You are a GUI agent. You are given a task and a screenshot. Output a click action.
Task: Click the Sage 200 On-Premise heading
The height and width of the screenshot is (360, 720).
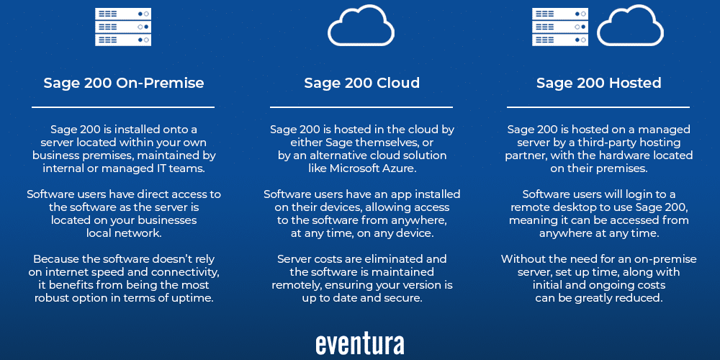pyautogui.click(x=124, y=83)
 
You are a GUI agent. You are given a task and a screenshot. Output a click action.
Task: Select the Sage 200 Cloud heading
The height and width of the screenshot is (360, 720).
pyautogui.click(x=361, y=83)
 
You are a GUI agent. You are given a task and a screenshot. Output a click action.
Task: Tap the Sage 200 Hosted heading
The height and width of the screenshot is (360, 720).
pyautogui.click(x=598, y=83)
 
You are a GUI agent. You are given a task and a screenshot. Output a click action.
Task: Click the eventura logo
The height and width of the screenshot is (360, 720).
pyautogui.click(x=360, y=344)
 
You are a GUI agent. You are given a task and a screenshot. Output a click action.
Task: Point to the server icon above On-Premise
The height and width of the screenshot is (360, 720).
pyautogui.click(x=123, y=27)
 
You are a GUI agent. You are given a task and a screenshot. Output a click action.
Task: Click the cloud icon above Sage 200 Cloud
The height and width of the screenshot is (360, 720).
pyautogui.click(x=361, y=26)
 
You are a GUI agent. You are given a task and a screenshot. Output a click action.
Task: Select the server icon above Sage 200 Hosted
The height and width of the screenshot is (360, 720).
pyautogui.click(x=560, y=27)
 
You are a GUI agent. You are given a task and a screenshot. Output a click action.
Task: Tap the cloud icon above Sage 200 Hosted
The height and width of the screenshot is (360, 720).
pyautogui.click(x=630, y=26)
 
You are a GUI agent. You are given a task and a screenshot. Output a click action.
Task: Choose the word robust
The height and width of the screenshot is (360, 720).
pyautogui.click(x=51, y=299)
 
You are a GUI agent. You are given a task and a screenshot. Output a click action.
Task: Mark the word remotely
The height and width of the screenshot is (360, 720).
pyautogui.click(x=297, y=286)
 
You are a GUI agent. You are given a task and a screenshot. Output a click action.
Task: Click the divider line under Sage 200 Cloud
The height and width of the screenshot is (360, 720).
pyautogui.click(x=361, y=107)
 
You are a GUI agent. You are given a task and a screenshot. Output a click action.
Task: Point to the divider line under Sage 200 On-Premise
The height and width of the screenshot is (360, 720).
pyautogui.click(x=123, y=107)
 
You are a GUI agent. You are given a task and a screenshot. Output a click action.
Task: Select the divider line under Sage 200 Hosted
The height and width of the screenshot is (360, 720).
pyautogui.click(x=598, y=107)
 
